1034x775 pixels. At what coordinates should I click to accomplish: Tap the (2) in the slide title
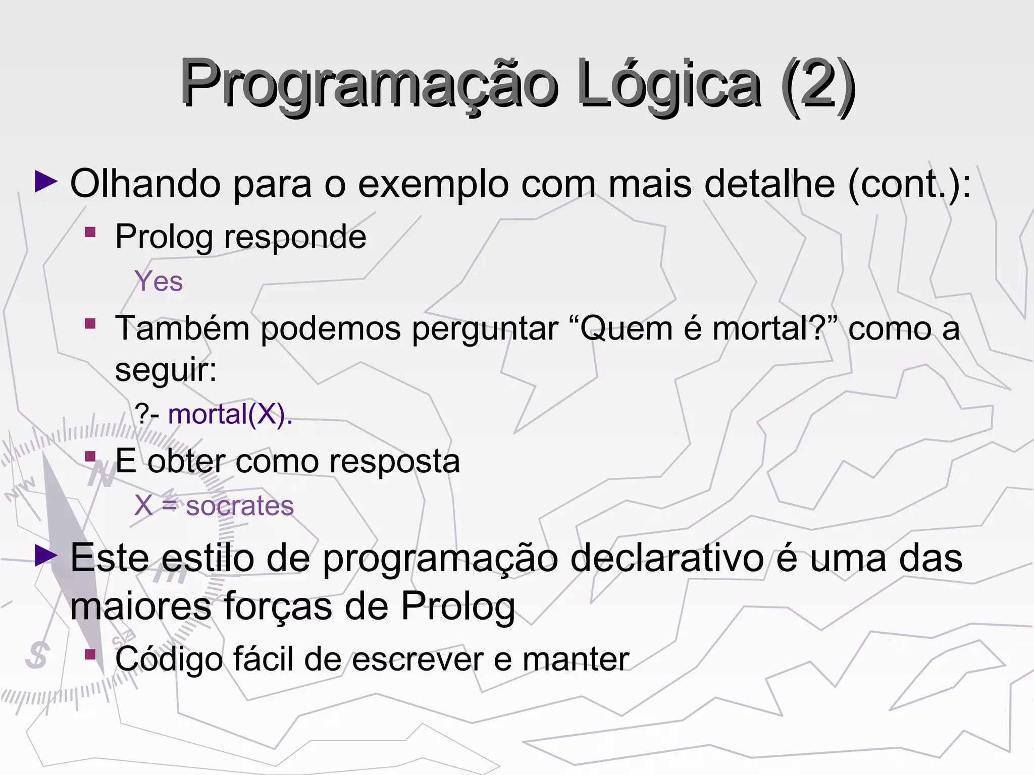817,84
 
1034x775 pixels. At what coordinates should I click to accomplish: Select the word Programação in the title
369,84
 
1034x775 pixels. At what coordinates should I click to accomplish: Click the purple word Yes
159,281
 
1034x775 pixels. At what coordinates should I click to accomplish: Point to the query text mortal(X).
230,414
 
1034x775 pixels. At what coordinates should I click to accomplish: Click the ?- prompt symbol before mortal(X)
147,414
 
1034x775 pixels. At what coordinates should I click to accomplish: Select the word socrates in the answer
240,506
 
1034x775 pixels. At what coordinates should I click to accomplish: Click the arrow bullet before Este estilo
46,556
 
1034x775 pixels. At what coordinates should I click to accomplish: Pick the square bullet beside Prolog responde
90,232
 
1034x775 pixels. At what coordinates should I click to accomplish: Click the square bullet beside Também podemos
90,323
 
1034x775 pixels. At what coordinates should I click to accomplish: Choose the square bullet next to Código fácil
90,654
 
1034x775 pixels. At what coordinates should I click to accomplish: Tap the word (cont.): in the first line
909,184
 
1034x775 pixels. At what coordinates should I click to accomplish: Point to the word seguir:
166,370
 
